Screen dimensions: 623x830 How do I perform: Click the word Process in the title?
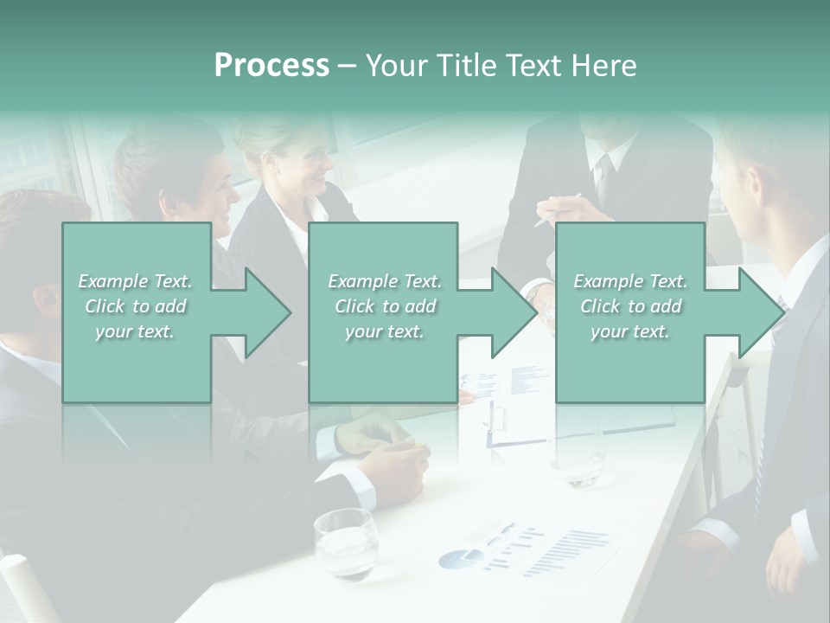[x=271, y=66]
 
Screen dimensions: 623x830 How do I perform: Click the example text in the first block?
[x=135, y=306]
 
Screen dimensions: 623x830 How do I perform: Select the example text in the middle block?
[x=385, y=306]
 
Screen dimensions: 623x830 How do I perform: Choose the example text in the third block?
[x=630, y=306]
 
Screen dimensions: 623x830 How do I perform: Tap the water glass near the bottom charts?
[x=345, y=543]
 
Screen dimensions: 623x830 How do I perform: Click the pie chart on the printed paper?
[x=460, y=558]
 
